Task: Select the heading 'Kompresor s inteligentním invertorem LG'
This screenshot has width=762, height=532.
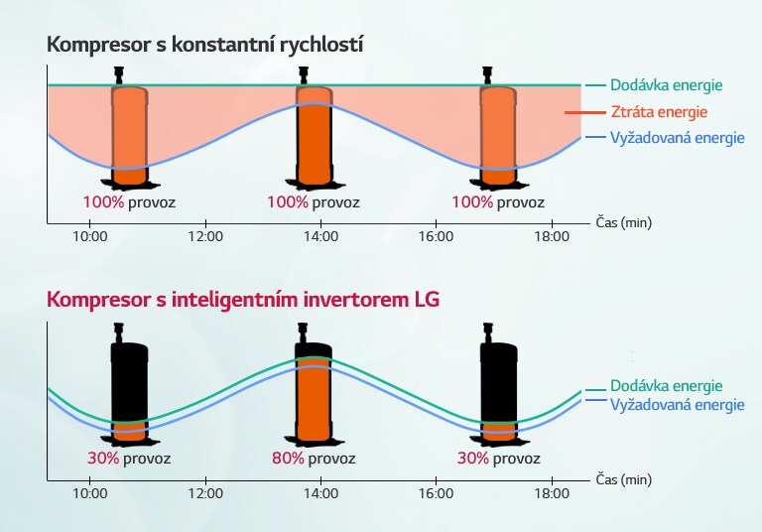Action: (x=242, y=300)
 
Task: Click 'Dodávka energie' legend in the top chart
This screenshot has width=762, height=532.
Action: (x=666, y=86)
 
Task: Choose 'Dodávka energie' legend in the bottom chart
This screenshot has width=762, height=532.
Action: (x=666, y=386)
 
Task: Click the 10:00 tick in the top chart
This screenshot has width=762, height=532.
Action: (x=90, y=236)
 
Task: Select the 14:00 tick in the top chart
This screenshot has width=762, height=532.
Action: (x=320, y=236)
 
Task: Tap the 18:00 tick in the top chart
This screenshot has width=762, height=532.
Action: (x=552, y=236)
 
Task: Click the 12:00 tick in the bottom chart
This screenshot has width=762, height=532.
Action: (x=205, y=492)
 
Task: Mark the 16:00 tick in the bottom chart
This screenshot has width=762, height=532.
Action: (x=437, y=492)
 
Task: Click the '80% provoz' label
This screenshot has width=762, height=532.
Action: (x=313, y=459)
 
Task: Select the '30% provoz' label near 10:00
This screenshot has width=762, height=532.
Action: (x=128, y=459)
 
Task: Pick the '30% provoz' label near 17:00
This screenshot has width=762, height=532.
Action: (x=498, y=459)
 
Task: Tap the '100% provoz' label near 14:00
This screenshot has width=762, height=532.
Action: (x=313, y=202)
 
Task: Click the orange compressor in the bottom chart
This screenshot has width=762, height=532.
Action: (x=314, y=392)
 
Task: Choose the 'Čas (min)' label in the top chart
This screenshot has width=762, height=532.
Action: (x=624, y=222)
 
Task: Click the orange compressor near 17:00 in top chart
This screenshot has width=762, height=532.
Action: (x=498, y=134)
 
